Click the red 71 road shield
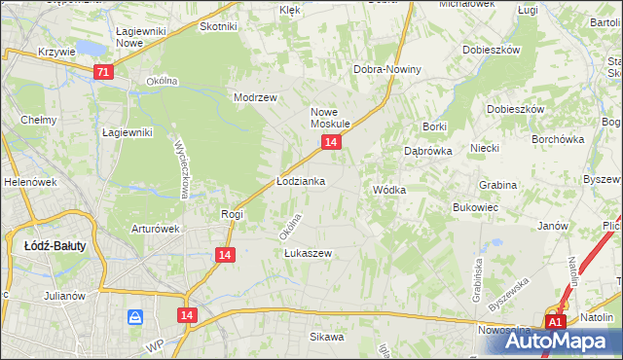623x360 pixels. pyautogui.click(x=104, y=72)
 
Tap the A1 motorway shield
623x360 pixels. pyautogui.click(x=556, y=322)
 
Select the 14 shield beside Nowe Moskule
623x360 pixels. pyautogui.click(x=332, y=142)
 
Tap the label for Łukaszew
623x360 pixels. pyautogui.click(x=308, y=253)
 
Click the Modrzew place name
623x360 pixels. pyautogui.click(x=256, y=97)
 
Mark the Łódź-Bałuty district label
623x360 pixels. pyautogui.click(x=55, y=246)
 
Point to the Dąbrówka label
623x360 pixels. pyautogui.click(x=425, y=151)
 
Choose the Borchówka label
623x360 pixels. pyautogui.click(x=558, y=139)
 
